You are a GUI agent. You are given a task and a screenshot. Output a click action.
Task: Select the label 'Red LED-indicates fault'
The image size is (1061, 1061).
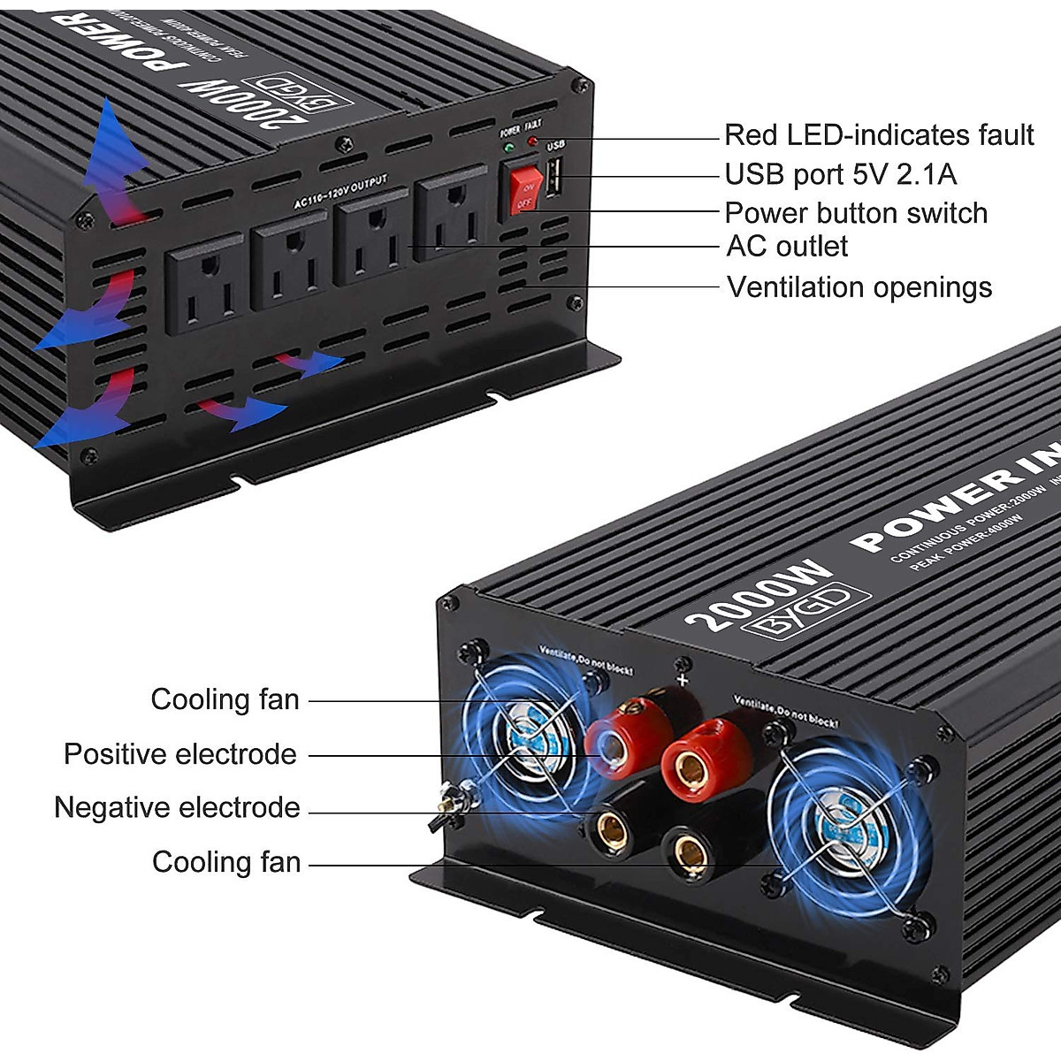[878, 135]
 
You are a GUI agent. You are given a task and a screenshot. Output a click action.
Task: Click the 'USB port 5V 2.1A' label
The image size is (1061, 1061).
[840, 174]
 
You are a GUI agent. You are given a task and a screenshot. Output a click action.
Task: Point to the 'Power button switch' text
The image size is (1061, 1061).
[855, 213]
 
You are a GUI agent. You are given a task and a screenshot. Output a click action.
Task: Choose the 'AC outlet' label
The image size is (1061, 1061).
[786, 246]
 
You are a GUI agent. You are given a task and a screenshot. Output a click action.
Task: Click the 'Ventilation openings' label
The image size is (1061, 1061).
[859, 287]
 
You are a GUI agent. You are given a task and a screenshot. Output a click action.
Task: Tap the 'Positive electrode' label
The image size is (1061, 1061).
[179, 754]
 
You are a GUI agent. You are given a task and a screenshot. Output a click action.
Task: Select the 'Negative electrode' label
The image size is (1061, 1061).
[177, 807]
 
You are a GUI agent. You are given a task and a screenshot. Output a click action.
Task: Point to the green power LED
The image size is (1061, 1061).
[509, 147]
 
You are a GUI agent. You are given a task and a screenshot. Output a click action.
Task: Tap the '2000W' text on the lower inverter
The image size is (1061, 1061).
[758, 593]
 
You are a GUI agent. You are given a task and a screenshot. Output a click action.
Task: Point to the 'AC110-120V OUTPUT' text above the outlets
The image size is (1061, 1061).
[341, 193]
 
